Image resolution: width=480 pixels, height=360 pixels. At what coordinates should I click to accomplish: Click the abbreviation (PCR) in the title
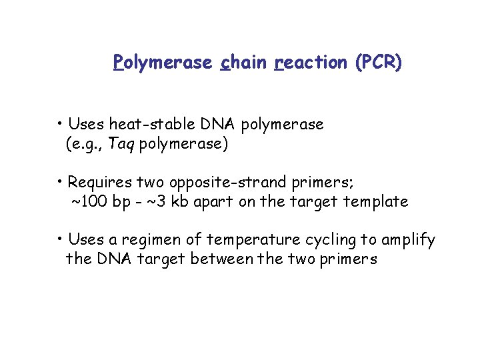pyautogui.click(x=379, y=63)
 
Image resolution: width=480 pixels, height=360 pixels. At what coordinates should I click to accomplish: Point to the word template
pyautogui.click(x=377, y=201)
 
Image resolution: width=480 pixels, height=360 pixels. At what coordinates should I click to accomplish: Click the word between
pyautogui.click(x=222, y=259)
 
